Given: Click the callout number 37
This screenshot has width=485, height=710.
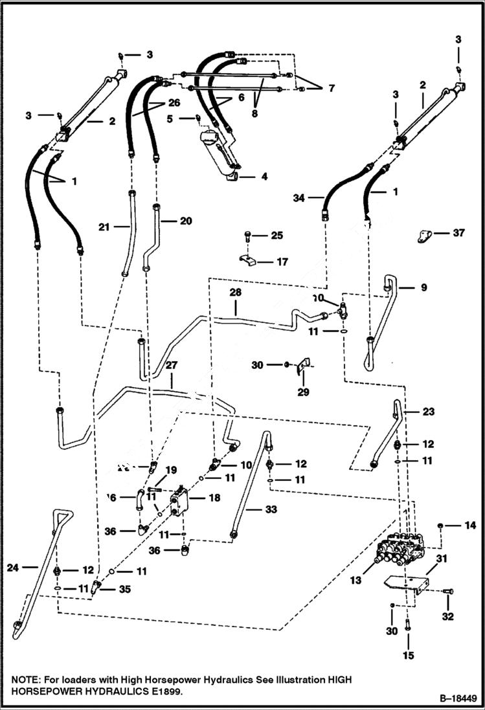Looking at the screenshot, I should (458, 233).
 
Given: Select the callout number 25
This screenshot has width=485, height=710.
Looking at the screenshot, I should (276, 236).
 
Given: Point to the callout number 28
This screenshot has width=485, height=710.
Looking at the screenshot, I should (235, 293).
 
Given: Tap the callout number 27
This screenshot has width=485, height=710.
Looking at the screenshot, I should (172, 364).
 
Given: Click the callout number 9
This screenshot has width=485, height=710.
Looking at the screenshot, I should (423, 287).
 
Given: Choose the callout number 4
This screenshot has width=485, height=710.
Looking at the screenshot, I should (264, 176).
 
